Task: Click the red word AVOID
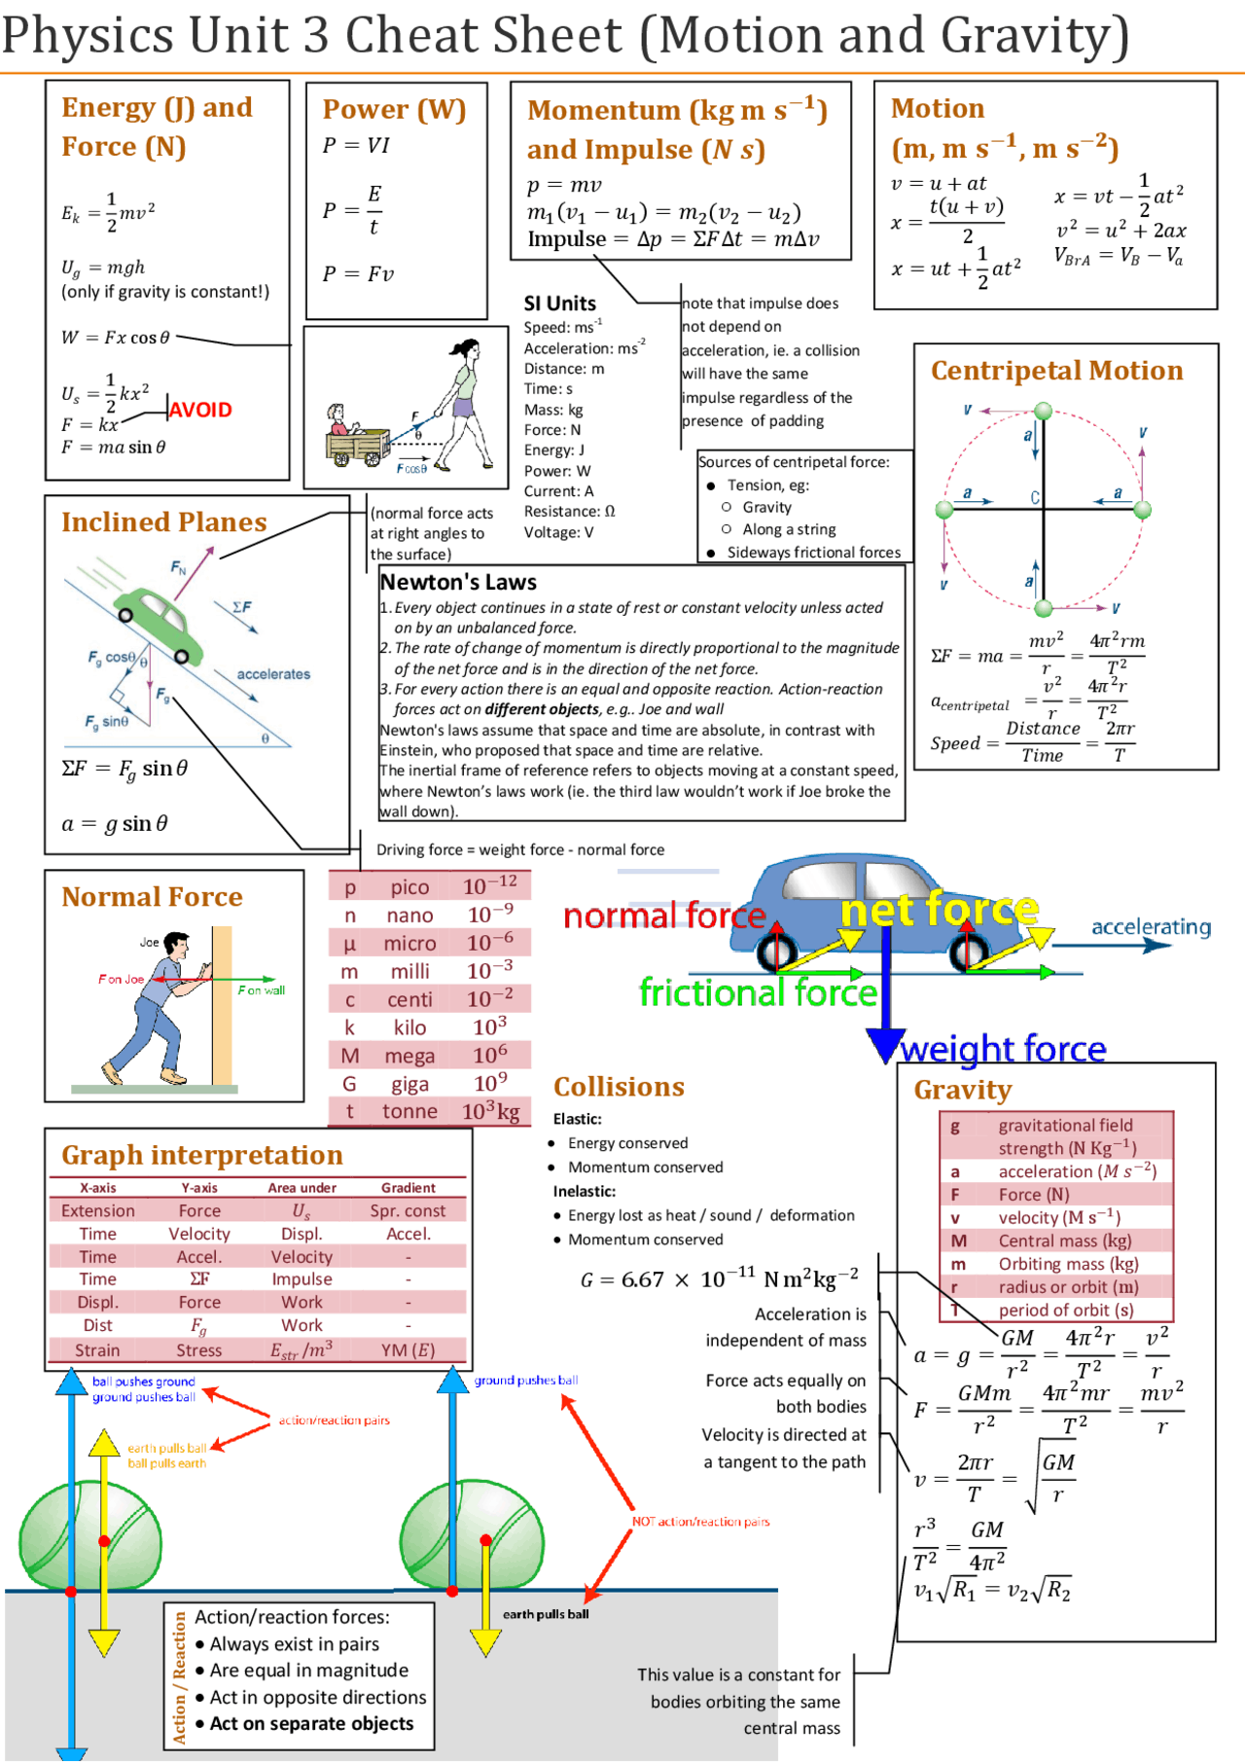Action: coord(200,410)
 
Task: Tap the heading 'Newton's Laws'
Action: coord(458,582)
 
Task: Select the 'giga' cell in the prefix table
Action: coord(409,1084)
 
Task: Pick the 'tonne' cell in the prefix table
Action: coord(409,1111)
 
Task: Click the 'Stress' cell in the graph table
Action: coord(199,1349)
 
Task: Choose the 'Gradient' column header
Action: coord(409,1187)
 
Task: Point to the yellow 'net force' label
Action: coord(939,910)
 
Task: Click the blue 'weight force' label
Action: coord(1003,1049)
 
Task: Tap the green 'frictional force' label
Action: coord(758,992)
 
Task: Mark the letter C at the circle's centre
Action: coord(1035,497)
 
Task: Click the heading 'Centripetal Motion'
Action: coord(1056,371)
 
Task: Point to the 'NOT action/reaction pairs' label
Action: coord(700,1522)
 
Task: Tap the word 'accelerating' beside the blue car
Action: coord(1151,926)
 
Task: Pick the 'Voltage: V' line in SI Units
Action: coord(558,532)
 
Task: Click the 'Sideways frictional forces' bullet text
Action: coord(813,553)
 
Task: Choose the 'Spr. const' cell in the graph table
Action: coord(408,1210)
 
